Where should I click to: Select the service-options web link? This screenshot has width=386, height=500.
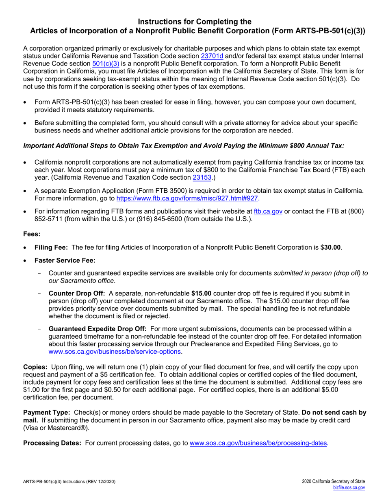tap(115, 352)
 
